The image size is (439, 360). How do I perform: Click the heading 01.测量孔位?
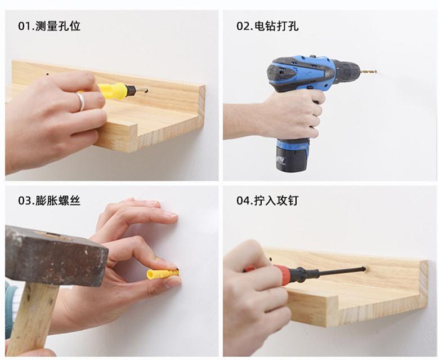pos(49,26)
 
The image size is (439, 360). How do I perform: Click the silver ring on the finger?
pos(80,101)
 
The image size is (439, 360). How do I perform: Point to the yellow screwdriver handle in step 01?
pos(113,91)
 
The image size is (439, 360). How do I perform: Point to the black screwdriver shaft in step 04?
pos(338,272)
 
